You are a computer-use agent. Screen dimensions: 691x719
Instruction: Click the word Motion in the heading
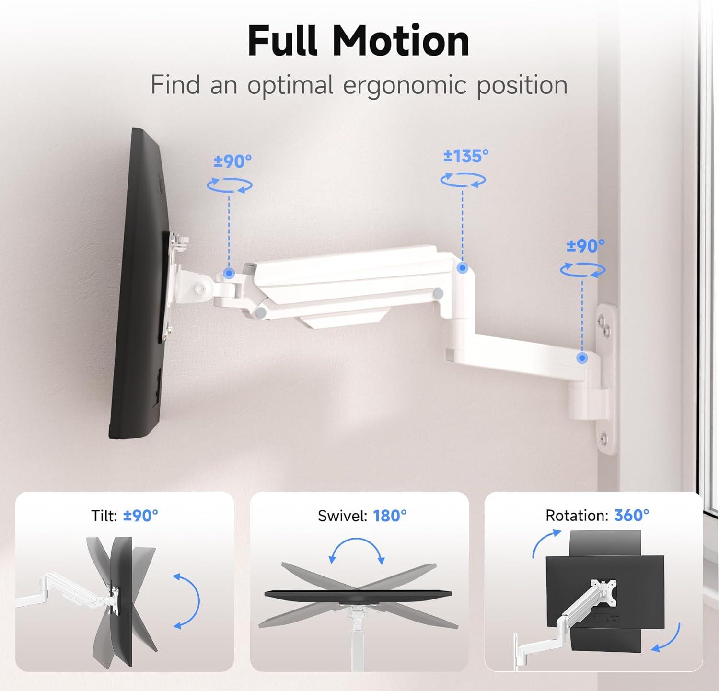point(401,41)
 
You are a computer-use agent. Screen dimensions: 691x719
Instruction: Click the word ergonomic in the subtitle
point(405,85)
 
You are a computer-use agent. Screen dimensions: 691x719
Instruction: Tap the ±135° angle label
point(465,156)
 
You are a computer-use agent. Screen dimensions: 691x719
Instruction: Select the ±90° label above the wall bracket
point(585,246)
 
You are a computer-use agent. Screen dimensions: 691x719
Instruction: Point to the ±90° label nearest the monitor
point(232,161)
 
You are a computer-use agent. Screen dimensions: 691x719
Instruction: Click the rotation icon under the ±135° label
point(463,180)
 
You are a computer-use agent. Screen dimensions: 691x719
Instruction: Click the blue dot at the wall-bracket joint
point(582,357)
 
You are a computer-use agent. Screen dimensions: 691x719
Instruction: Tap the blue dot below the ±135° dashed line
point(462,268)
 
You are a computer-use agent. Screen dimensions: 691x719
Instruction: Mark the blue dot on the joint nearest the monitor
point(229,274)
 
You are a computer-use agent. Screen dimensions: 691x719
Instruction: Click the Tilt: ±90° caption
point(125,516)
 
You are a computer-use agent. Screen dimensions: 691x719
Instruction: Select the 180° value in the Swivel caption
point(390,516)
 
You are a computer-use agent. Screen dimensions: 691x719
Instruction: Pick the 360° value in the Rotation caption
point(632,516)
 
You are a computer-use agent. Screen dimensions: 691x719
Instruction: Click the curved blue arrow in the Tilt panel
point(187,600)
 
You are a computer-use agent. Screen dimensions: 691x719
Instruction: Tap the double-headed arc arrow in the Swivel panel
point(357,549)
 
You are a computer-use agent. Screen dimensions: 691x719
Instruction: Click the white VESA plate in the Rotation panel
point(603,590)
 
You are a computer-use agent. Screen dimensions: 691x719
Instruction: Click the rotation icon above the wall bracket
point(583,270)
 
